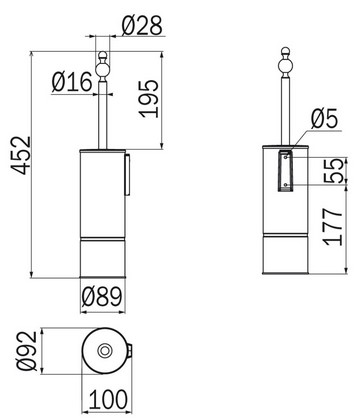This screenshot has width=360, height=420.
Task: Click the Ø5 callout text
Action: (x=325, y=120)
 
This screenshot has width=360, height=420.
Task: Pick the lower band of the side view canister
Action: (x=283, y=258)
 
